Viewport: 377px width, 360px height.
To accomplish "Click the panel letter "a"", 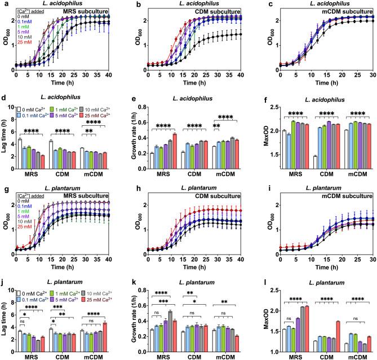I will (x=4, y=5).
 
